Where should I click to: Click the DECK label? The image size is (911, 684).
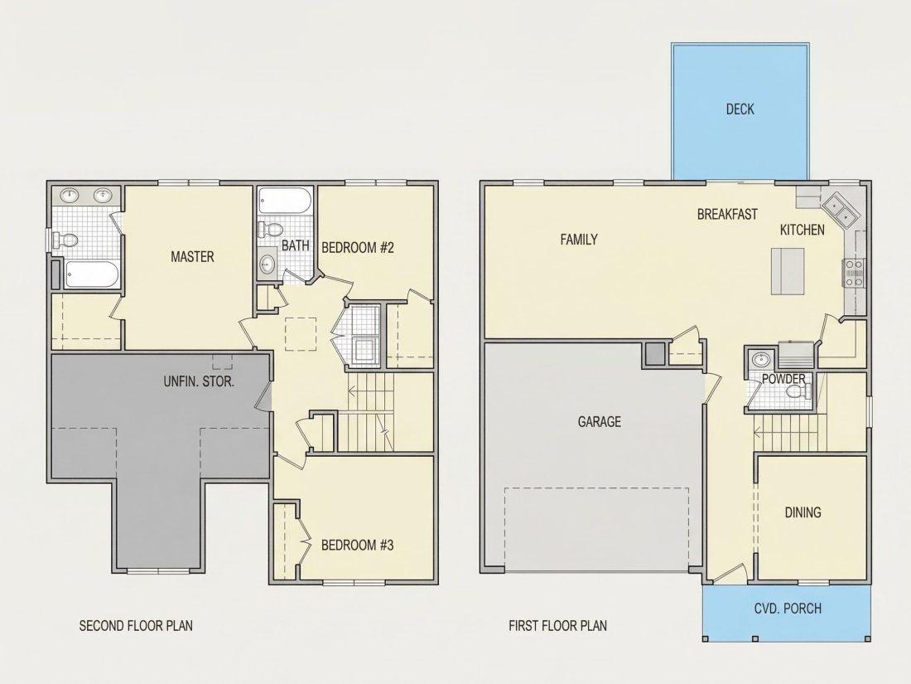[x=740, y=109]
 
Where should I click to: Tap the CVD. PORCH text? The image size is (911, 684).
[x=788, y=609]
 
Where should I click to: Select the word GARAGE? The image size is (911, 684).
[x=599, y=421]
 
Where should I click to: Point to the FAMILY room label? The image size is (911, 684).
[x=579, y=239]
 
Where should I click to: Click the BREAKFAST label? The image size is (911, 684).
[x=727, y=214]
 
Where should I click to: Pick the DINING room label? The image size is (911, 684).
[x=803, y=512]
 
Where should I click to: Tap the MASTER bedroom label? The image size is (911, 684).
[x=192, y=256]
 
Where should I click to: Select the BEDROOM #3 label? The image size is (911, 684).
[x=357, y=545]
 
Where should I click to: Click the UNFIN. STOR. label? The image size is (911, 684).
[x=199, y=382]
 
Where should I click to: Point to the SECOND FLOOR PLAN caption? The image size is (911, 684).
[x=136, y=626]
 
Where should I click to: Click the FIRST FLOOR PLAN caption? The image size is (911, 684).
[x=557, y=626]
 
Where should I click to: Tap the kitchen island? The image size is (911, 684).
[x=788, y=271]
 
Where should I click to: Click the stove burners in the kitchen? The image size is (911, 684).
[x=853, y=273]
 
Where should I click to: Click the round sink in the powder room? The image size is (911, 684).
[x=760, y=360]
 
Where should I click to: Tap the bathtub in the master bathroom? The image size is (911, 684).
[x=91, y=274]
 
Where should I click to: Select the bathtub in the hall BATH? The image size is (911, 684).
[x=285, y=201]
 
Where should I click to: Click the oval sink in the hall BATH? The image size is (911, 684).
[x=268, y=264]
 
